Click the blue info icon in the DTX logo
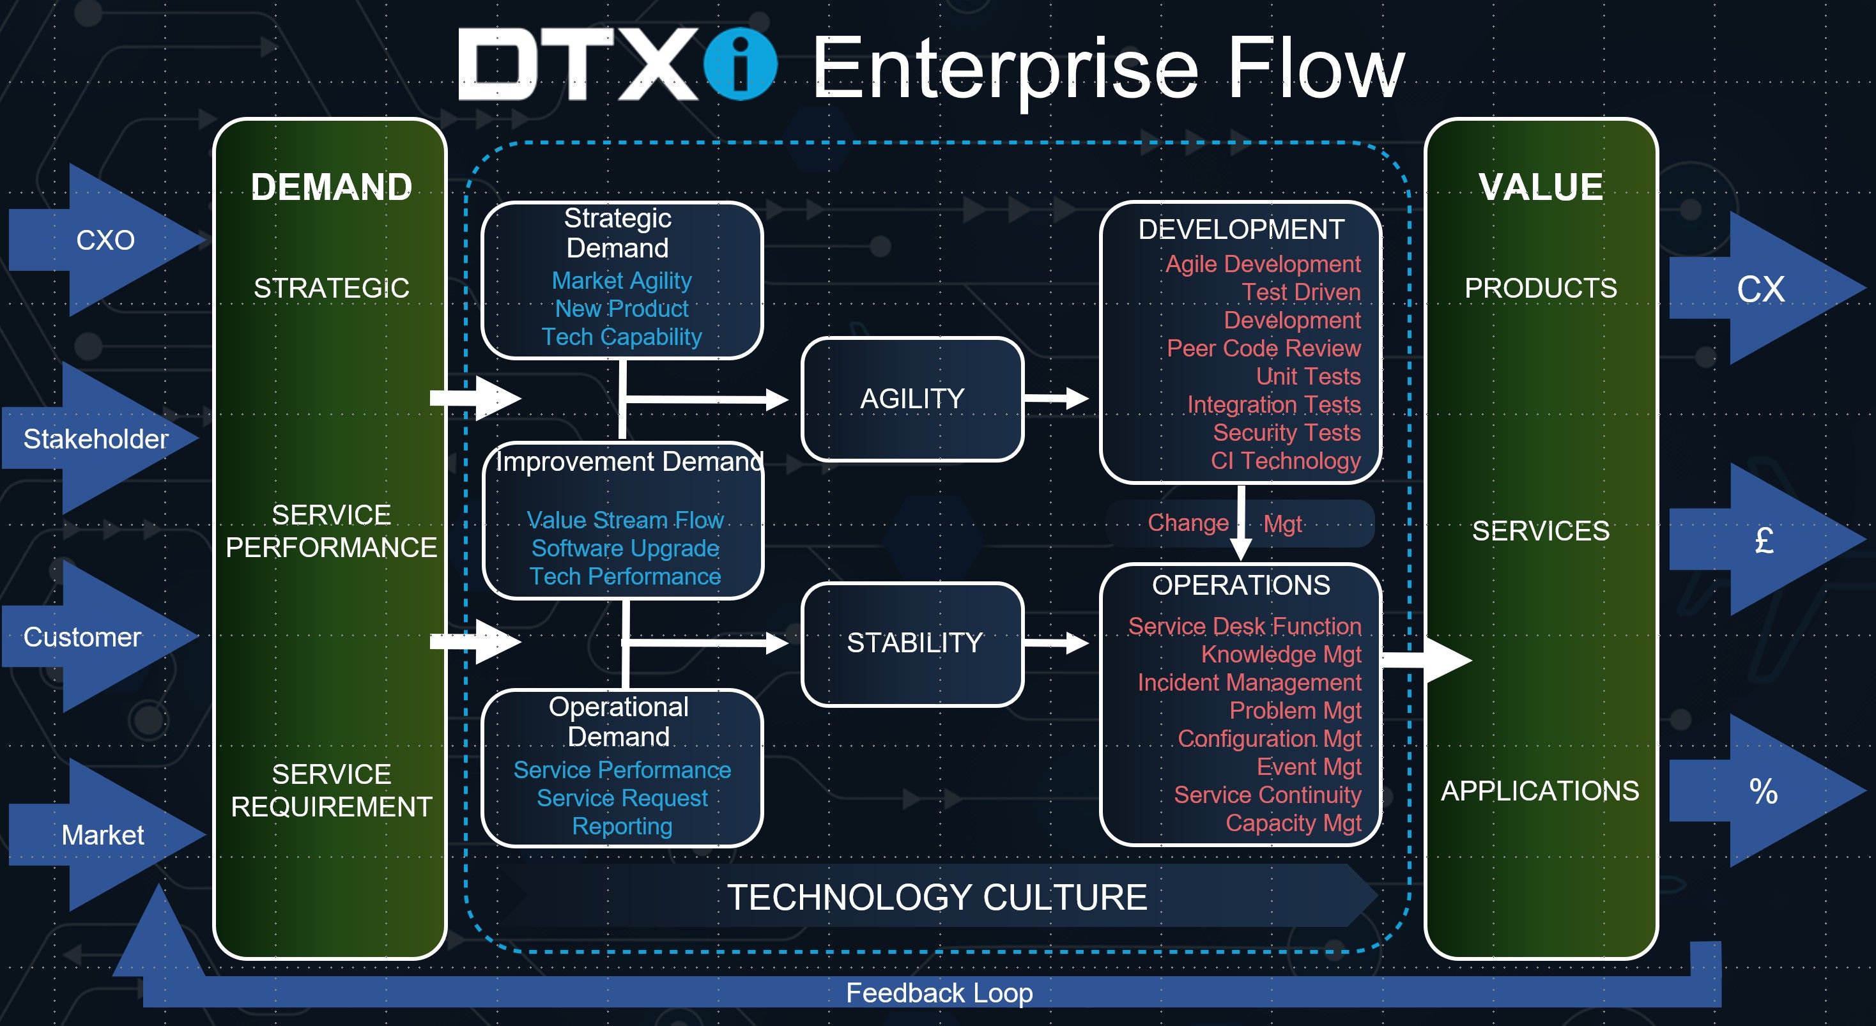click(x=741, y=64)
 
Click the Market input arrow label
click(x=103, y=834)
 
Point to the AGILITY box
click(x=912, y=398)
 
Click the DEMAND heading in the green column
click(x=332, y=187)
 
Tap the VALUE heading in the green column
click(x=1541, y=187)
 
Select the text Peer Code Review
click(x=1263, y=348)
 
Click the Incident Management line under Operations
click(x=1249, y=682)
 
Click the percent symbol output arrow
click(x=1767, y=791)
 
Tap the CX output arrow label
click(x=1760, y=289)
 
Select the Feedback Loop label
click(x=939, y=993)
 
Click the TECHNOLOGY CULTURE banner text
click(x=937, y=896)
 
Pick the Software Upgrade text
click(x=625, y=548)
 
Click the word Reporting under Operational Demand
click(x=622, y=827)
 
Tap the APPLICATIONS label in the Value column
click(x=1541, y=791)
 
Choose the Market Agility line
click(x=621, y=280)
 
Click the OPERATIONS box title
click(x=1241, y=585)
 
